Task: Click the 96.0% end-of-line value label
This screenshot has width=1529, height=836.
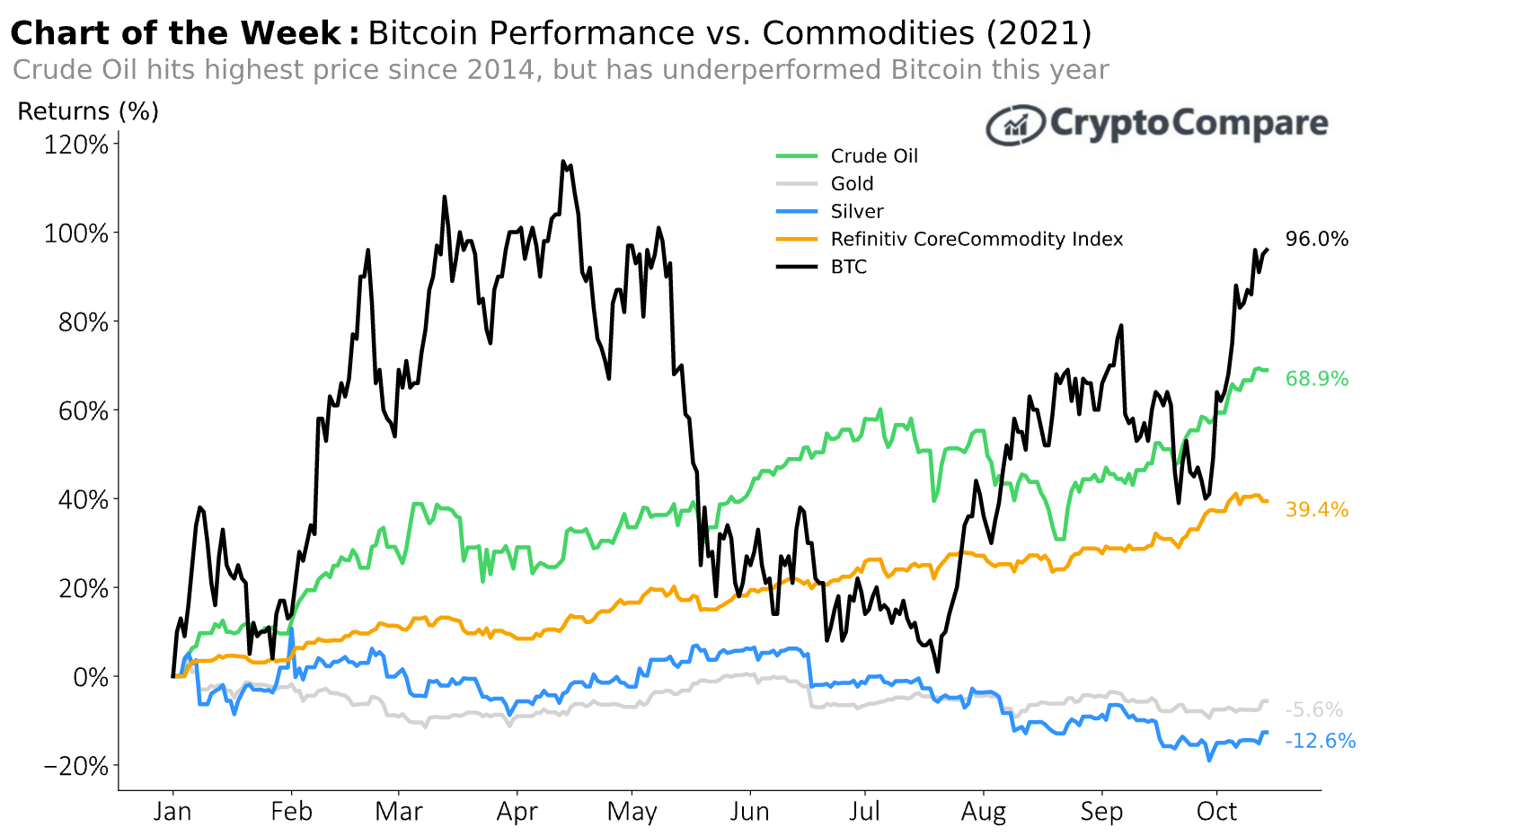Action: (1316, 240)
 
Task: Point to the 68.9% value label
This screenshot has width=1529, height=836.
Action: (1316, 379)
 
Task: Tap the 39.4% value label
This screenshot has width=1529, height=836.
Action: (1316, 510)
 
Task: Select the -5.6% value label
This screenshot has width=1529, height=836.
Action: (1313, 710)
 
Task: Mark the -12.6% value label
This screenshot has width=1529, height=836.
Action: (1320, 741)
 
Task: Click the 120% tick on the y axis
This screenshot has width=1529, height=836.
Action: (76, 145)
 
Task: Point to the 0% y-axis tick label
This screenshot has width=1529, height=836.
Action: (90, 677)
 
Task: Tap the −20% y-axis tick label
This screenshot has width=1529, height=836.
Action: (76, 766)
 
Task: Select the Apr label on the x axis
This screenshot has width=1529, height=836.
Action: (517, 813)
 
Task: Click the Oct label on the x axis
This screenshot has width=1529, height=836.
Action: (1216, 812)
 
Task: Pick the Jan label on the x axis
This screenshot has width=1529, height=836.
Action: (172, 812)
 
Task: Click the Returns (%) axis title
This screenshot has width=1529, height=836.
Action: (88, 111)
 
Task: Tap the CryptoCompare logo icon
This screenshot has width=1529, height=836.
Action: (1015, 125)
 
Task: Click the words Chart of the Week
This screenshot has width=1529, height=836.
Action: (176, 33)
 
